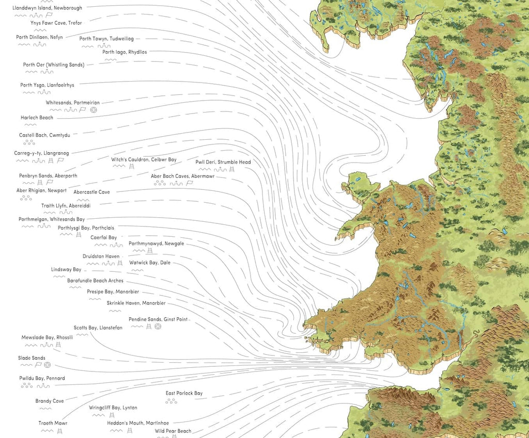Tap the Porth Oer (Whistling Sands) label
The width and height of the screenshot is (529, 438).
53,64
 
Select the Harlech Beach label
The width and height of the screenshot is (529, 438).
37,118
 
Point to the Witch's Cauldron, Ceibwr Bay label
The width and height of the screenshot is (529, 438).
144,159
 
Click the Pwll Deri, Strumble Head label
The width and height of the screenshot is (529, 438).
223,162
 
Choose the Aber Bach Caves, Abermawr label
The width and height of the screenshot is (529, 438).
182,176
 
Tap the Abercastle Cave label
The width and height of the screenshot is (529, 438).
91,192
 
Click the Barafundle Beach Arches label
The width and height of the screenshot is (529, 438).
95,281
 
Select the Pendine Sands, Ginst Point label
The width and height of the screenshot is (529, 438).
158,319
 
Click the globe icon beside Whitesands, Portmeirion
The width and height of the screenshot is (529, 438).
94,110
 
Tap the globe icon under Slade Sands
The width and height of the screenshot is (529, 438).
47,365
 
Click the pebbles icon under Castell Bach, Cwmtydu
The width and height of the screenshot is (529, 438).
29,142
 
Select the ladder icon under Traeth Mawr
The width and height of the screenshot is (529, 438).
60,431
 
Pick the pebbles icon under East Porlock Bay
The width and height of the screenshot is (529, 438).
171,401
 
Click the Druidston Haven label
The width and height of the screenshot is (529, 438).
101,256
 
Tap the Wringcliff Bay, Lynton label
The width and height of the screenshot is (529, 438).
113,408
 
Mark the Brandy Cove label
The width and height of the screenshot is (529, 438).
50,401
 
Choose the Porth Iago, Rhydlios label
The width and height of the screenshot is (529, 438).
125,52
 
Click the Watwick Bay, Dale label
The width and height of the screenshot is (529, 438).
149,263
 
